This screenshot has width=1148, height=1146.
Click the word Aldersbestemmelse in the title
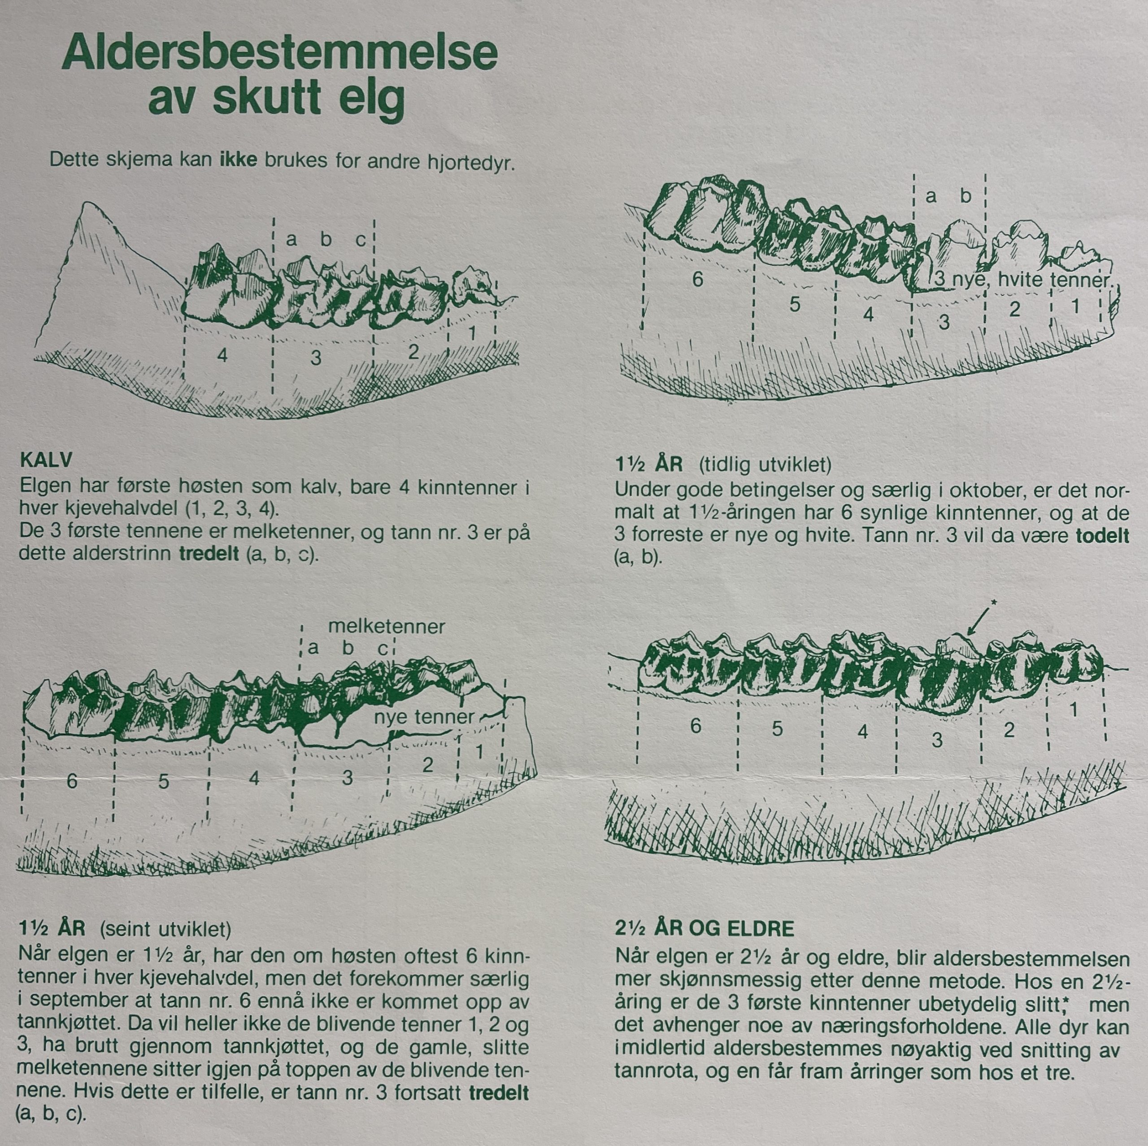click(x=279, y=53)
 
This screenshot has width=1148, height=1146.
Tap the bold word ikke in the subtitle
click(x=238, y=161)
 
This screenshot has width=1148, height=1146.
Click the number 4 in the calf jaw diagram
click(x=222, y=355)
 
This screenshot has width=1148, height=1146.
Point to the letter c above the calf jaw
click(x=361, y=240)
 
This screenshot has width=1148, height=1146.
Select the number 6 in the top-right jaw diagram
click(x=698, y=279)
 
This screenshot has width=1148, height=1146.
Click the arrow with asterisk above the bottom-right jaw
click(x=980, y=619)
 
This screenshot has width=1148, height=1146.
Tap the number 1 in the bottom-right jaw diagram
click(x=1073, y=709)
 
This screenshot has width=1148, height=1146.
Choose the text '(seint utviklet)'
click(x=165, y=928)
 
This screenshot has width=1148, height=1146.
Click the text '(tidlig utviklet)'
click(x=765, y=464)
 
